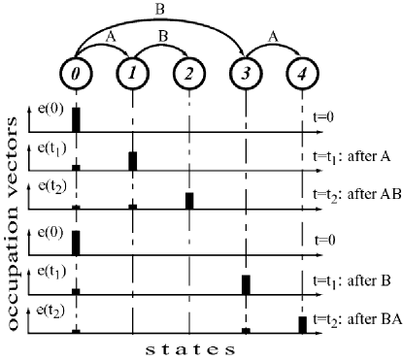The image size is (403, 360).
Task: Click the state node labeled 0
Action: (76, 72)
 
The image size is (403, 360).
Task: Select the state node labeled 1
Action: (132, 72)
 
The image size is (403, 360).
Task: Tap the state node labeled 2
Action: (188, 72)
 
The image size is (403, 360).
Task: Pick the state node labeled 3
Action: (246, 72)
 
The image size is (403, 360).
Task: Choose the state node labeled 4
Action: (302, 72)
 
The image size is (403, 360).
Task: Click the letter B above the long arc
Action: (160, 11)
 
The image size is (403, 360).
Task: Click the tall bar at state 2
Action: (189, 201)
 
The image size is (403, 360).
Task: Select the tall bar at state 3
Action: (246, 284)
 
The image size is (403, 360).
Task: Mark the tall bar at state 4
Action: (302, 324)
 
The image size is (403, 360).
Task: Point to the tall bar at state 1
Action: (133, 161)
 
